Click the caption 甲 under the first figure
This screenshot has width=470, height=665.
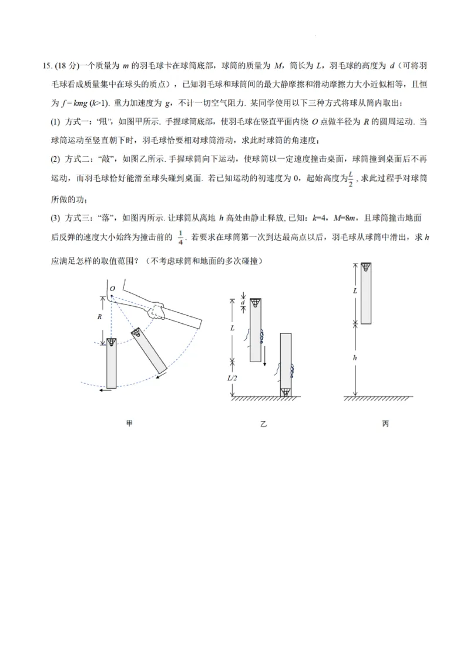tap(129, 423)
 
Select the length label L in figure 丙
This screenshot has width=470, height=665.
tap(354, 291)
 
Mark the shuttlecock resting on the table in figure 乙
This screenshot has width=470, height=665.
tap(286, 391)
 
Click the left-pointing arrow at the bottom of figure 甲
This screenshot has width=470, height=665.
tap(106, 389)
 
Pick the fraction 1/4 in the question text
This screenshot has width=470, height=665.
tap(180, 237)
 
